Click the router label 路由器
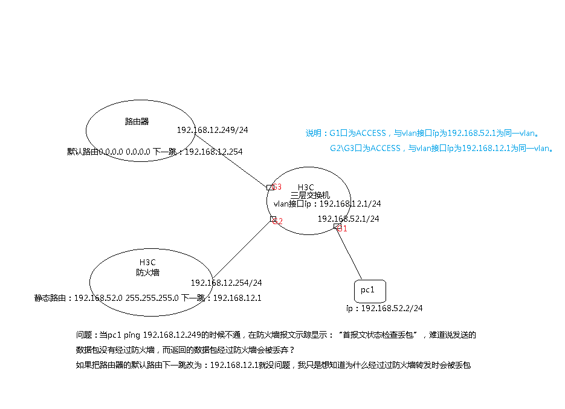point(137,121)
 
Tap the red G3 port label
point(277,187)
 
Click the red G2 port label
point(279,222)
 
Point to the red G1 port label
point(343,229)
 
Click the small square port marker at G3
point(270,188)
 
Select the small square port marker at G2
point(273,219)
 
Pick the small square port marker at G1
point(337,227)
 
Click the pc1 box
point(369,291)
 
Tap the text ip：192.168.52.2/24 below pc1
point(384,308)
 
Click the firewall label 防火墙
point(147,272)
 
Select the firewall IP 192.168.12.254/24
point(226,283)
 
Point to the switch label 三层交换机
point(310,195)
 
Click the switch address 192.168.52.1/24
point(348,219)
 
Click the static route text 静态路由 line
point(148,298)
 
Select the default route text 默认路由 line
point(155,152)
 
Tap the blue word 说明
point(314,134)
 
